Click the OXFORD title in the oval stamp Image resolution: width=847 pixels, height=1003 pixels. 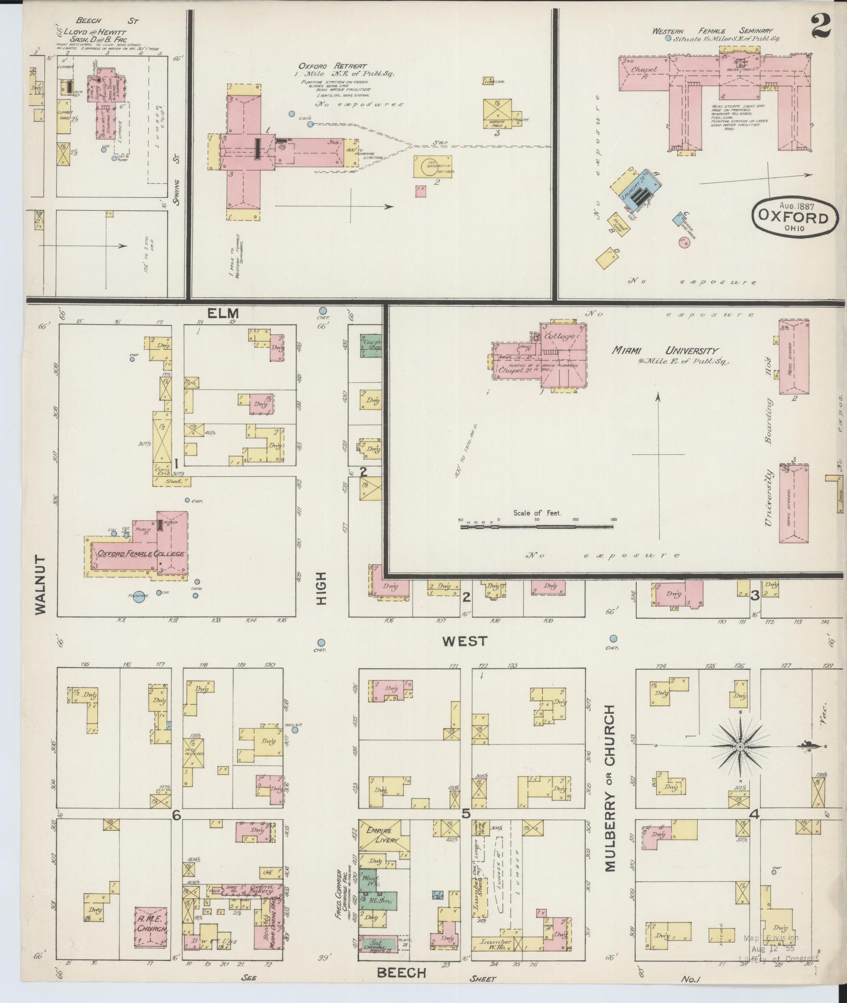(794, 217)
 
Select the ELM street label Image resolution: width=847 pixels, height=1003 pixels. (223, 313)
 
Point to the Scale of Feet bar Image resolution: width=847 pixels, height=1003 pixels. (537, 527)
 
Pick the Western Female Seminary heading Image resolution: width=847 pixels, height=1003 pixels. (712, 31)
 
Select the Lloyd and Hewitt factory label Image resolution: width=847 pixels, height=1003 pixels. (89, 32)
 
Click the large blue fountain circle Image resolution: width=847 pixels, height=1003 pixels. (139, 598)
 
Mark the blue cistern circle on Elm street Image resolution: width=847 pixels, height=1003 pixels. (323, 311)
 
